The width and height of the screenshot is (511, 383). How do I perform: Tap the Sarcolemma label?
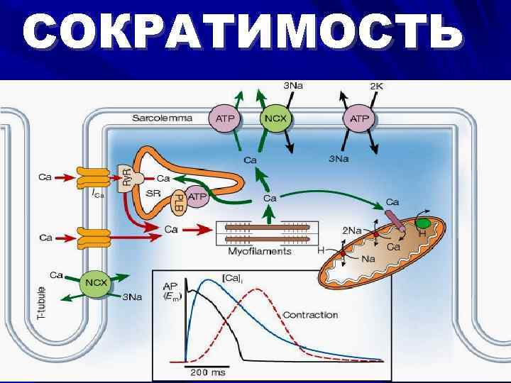click(162, 118)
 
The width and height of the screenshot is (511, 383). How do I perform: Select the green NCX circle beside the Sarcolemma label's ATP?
click(275, 118)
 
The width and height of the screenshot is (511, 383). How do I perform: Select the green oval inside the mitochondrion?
click(424, 224)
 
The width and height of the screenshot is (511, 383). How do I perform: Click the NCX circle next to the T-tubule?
click(94, 283)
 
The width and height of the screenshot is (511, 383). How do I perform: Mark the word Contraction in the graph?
click(310, 314)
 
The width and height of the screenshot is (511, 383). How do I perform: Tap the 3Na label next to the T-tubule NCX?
click(132, 298)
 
